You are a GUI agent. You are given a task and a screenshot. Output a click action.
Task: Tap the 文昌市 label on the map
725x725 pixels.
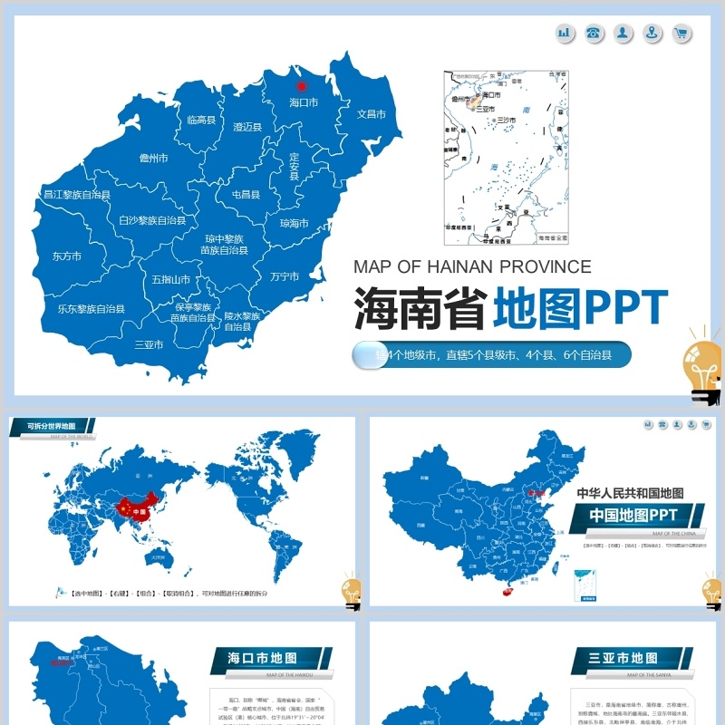tap(372, 115)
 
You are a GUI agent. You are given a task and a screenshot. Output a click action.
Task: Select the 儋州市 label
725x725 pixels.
tap(154, 159)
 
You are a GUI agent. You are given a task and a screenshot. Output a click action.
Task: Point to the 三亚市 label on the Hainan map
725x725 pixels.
tap(149, 344)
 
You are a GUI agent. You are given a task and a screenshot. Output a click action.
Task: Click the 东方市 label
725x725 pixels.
tap(67, 256)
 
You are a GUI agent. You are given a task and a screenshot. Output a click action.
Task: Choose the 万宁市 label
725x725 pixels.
tap(285, 276)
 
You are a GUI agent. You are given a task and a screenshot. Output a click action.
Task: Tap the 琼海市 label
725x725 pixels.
tap(294, 224)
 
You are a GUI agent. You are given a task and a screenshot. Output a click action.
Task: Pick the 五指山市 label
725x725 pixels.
tap(171, 280)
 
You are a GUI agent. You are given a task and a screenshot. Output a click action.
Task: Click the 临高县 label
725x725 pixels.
tap(201, 120)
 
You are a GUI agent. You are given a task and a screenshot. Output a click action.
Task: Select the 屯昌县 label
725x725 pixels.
tap(246, 195)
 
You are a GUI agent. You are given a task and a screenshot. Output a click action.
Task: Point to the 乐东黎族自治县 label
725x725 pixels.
tap(92, 309)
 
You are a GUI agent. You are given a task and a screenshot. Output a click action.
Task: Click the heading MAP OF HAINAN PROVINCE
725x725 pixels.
tap(472, 266)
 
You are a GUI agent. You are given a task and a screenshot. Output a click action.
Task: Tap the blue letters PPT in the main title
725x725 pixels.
tap(626, 309)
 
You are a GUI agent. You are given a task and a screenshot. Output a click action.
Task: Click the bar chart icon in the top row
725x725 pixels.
tap(565, 34)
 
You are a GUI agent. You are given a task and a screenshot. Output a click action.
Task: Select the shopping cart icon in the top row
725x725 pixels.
tap(681, 34)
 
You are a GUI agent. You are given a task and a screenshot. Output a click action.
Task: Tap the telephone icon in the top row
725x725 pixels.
tap(594, 34)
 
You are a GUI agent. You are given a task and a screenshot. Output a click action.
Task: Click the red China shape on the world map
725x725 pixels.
tap(135, 507)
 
